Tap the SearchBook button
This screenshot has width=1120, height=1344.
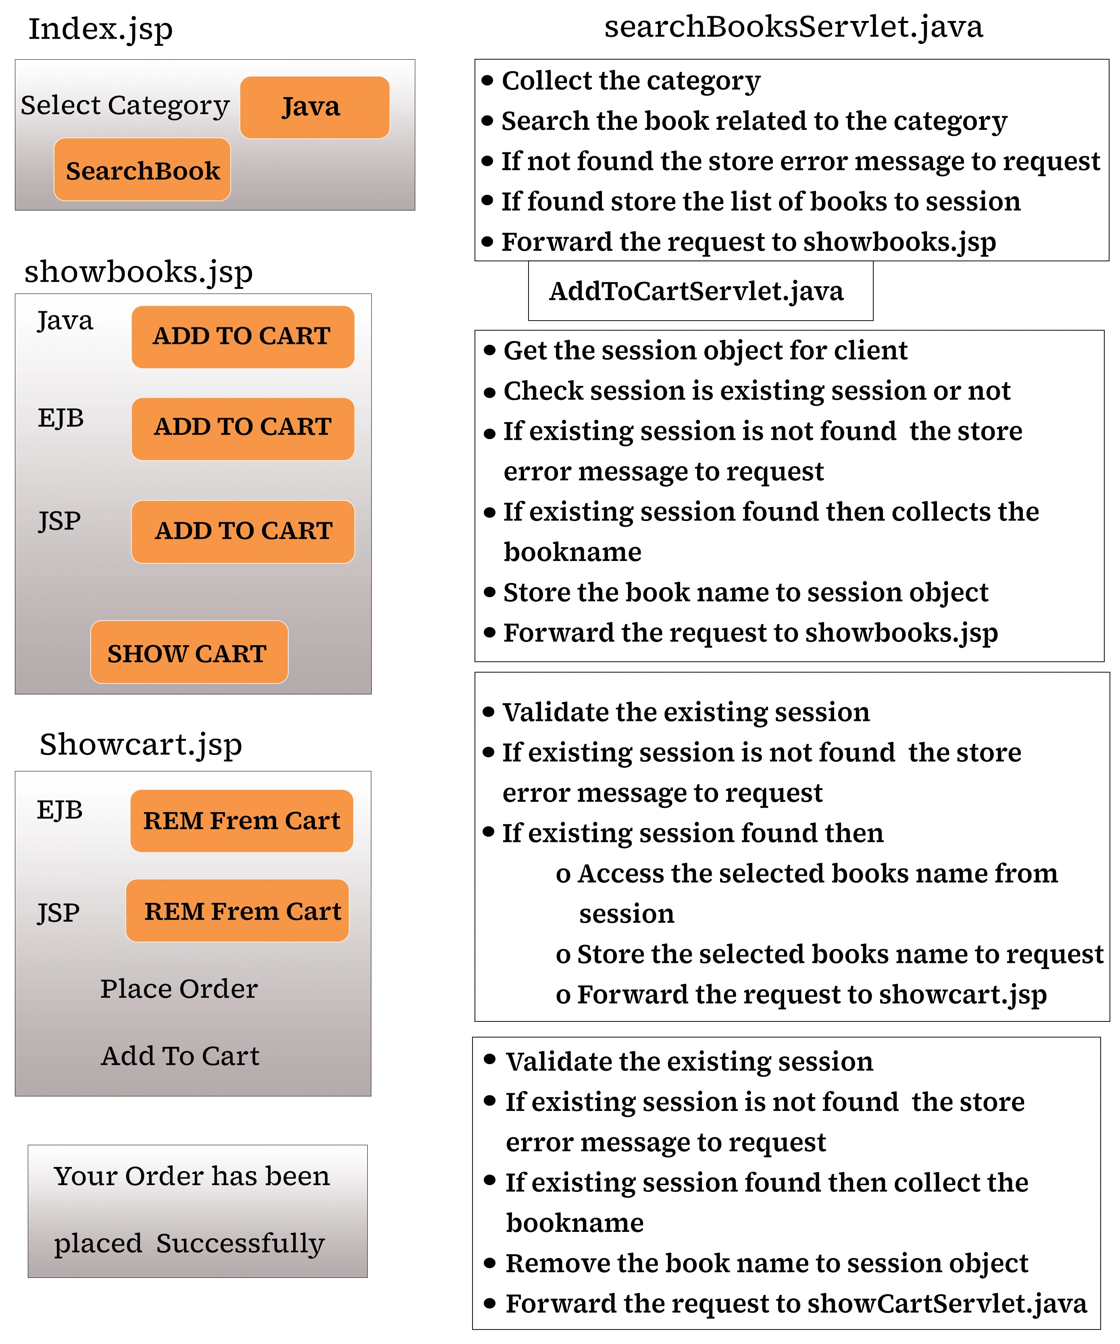[142, 170]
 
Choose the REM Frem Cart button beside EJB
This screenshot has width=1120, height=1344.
[241, 821]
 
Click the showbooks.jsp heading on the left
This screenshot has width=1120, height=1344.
[138, 271]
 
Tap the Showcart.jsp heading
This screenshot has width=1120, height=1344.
[141, 744]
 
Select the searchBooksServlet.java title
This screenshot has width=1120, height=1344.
[793, 27]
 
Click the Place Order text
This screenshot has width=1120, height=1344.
[179, 989]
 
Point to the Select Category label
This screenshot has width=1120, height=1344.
[125, 106]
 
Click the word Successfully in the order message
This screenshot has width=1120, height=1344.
[240, 1243]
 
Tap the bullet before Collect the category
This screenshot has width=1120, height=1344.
[488, 81]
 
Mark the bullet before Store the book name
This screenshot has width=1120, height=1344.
[489, 592]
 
